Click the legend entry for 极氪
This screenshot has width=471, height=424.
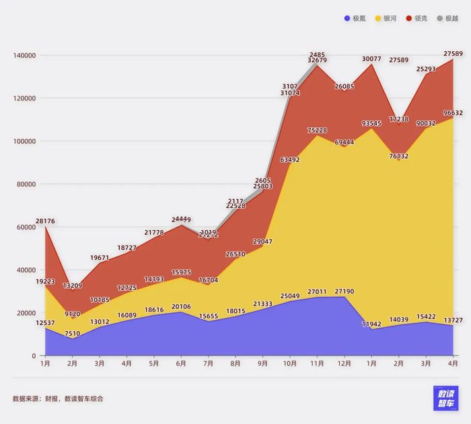tap(355, 18)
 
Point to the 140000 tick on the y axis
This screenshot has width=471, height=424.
tap(25, 55)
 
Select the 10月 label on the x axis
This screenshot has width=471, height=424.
tap(290, 363)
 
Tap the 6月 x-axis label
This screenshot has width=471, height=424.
tap(181, 363)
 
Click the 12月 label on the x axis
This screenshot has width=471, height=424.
tap(345, 363)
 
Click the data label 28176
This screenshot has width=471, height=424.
tap(45, 221)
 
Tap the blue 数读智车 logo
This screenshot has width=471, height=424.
tap(446, 398)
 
